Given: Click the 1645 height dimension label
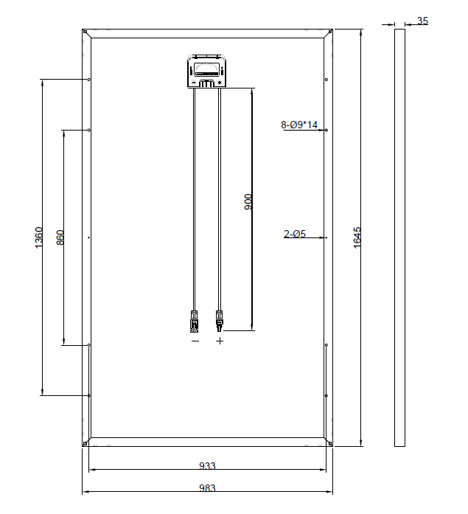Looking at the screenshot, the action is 357,237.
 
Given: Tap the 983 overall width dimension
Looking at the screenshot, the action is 207,488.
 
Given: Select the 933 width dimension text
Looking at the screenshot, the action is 207,466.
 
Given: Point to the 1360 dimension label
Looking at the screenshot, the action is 38,237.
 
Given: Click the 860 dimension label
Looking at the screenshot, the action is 60,237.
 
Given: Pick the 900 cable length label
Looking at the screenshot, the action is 248,202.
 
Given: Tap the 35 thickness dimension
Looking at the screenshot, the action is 422,21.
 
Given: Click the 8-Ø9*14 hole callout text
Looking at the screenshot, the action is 299,125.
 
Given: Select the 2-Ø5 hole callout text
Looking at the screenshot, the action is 295,234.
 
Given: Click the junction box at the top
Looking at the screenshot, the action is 207,71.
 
